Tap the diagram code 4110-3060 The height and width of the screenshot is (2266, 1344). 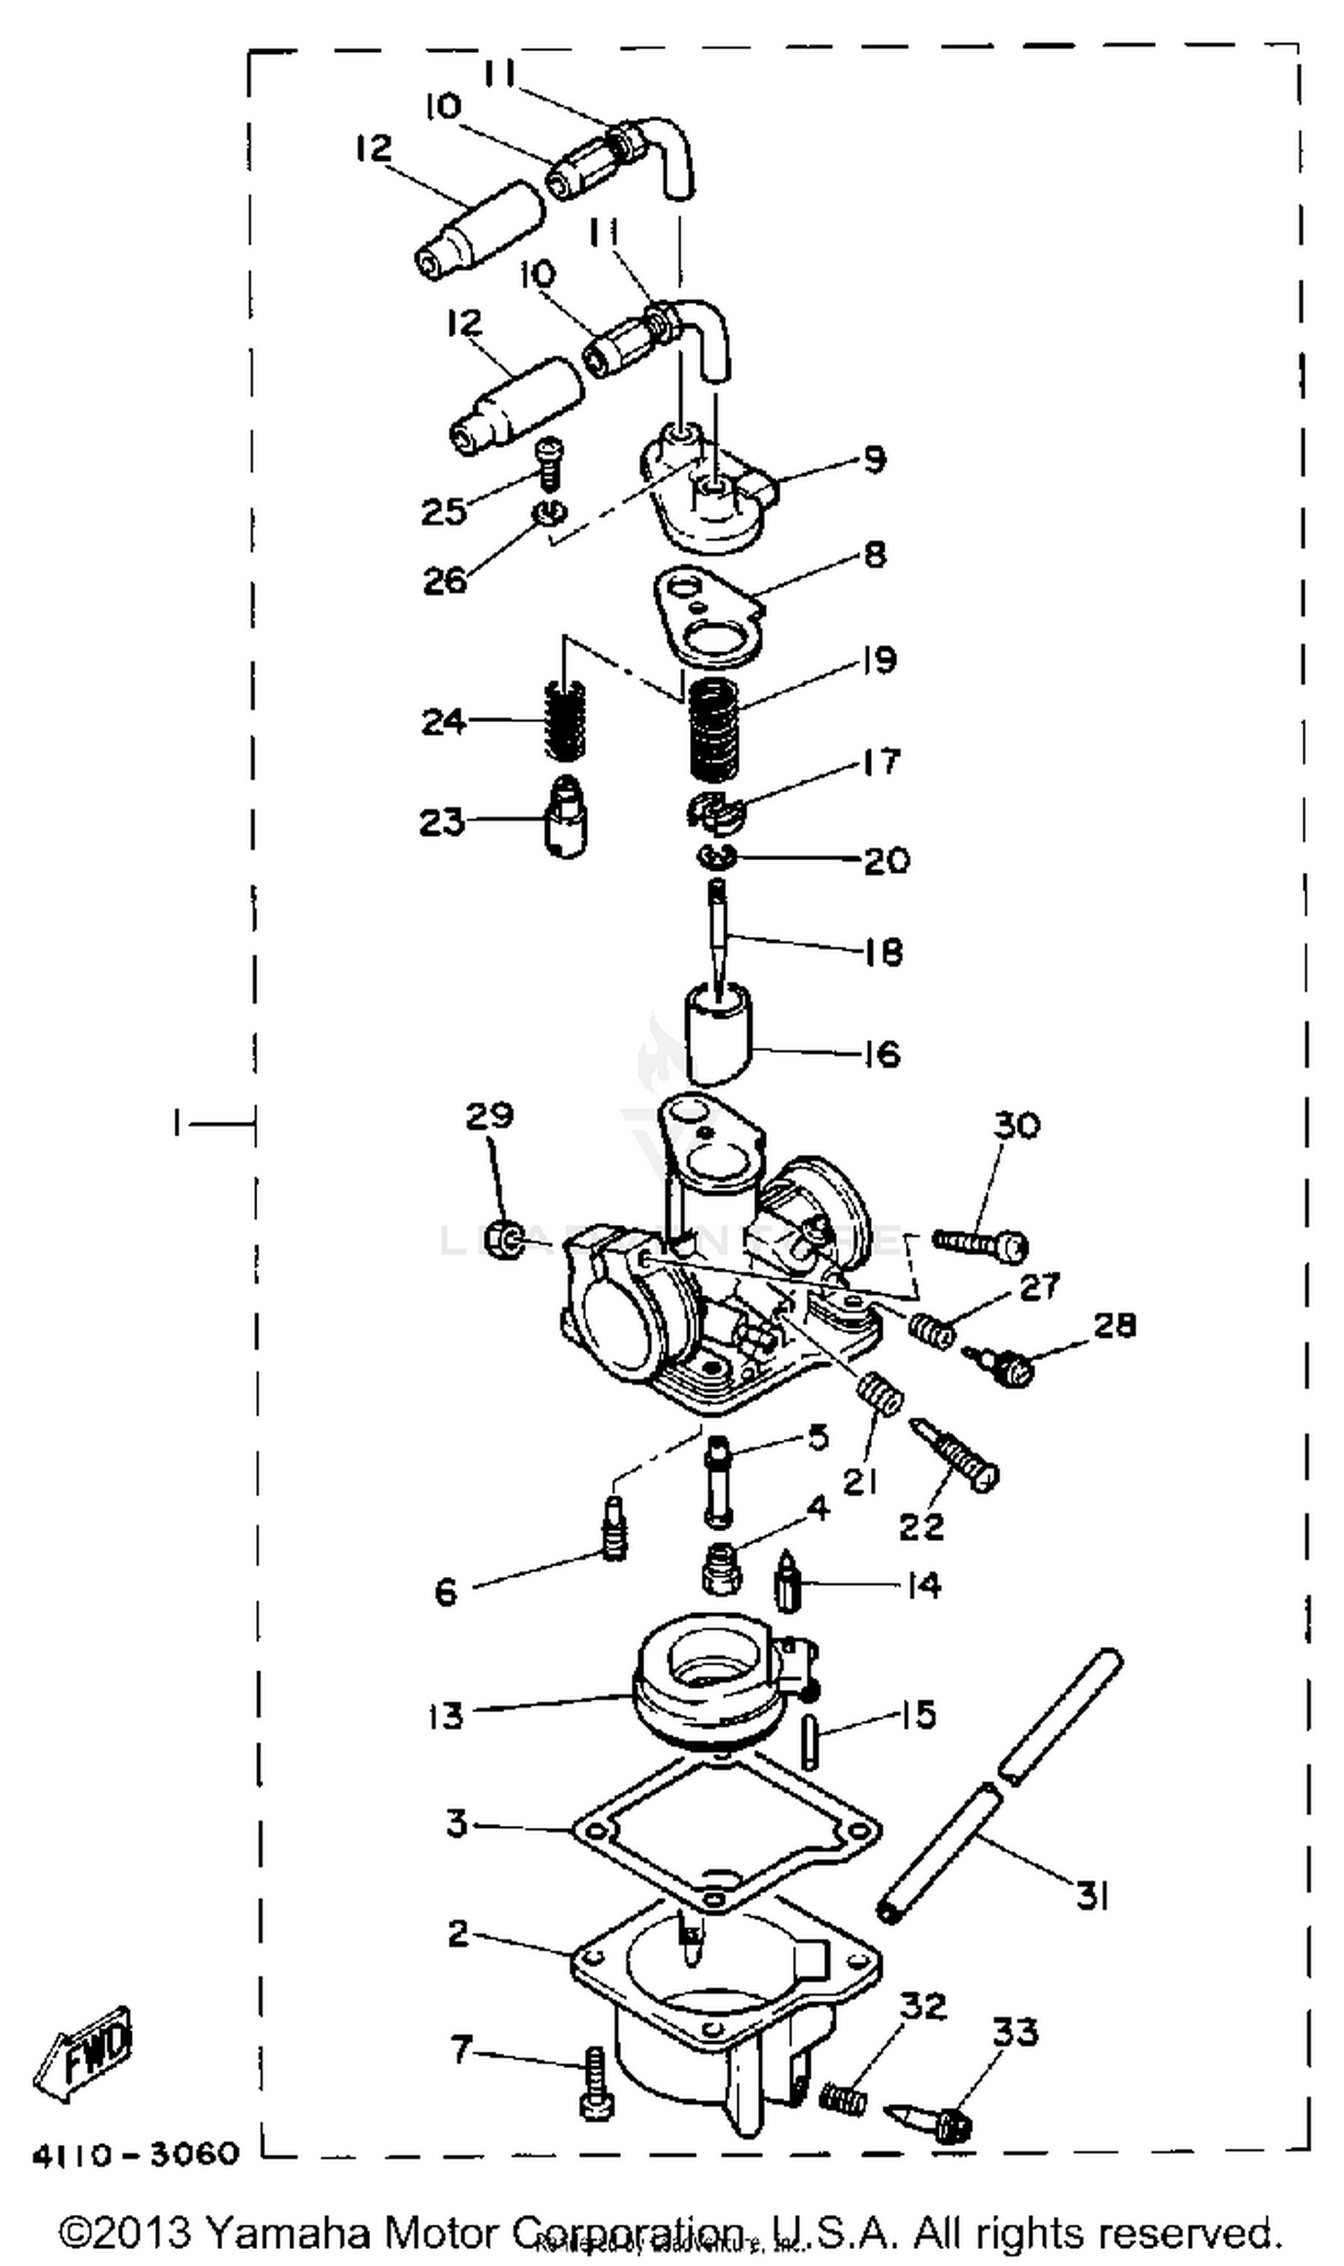(x=136, y=2154)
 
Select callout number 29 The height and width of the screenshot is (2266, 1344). (x=489, y=1115)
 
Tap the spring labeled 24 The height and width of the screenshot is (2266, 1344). (x=563, y=721)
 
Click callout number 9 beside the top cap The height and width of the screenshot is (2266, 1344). (x=874, y=459)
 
